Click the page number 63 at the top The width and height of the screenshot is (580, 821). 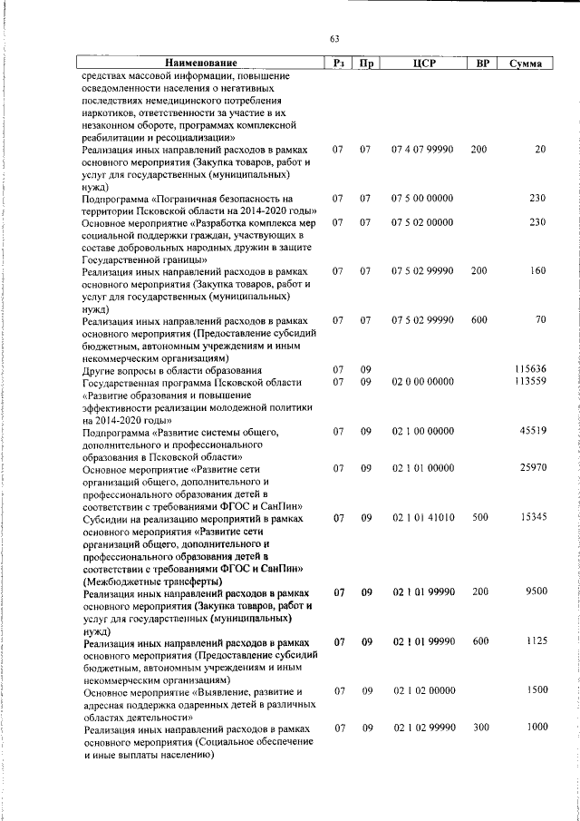[x=334, y=38]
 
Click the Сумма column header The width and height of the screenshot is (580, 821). [x=526, y=64]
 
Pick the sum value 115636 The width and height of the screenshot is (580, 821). [x=529, y=369]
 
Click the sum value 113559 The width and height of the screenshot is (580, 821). [x=529, y=382]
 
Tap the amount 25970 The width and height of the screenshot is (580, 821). [x=533, y=467]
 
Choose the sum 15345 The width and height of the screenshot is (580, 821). [x=533, y=517]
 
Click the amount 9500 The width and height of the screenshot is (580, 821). [x=536, y=592]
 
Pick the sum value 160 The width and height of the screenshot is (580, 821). [x=537, y=270]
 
